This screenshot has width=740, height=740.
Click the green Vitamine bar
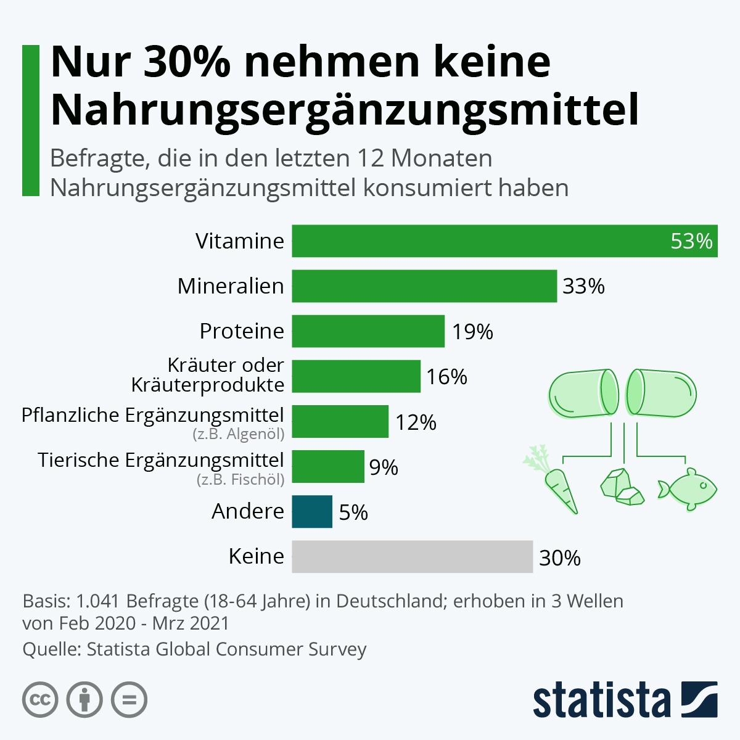tap(481, 240)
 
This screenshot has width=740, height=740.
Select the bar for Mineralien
tap(424, 286)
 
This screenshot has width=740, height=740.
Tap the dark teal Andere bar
tap(312, 512)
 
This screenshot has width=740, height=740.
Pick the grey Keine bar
tap(412, 557)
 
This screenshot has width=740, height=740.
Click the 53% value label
tap(691, 241)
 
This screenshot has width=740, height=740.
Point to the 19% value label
tap(472, 332)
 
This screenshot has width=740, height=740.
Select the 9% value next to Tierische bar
tap(384, 467)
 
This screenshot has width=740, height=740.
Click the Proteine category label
tap(242, 331)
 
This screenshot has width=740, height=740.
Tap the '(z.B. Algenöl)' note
tap(239, 434)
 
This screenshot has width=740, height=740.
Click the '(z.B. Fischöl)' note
tap(240, 479)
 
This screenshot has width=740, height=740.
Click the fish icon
tap(688, 488)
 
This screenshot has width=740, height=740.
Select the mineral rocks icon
tap(622, 487)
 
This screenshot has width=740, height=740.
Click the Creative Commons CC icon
tap(40, 700)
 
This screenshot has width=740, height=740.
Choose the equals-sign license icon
tap(129, 700)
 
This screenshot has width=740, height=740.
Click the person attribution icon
tap(84, 700)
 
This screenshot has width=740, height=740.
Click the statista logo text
tap(601, 700)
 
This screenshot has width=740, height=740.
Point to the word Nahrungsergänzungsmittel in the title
tap(344, 109)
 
